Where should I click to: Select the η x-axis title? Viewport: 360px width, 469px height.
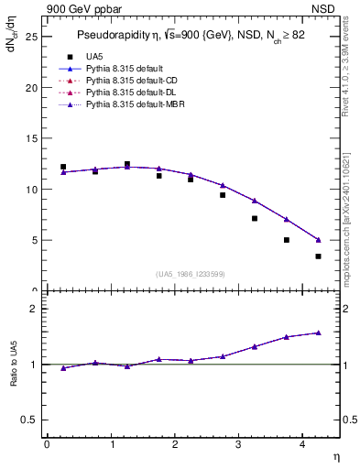click(334, 456)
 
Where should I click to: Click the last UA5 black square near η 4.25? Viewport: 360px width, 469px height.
click(319, 256)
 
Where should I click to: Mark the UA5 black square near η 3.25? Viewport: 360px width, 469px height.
click(255, 218)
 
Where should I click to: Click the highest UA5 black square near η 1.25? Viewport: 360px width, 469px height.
click(127, 164)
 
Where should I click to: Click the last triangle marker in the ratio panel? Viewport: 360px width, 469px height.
click(319, 333)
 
